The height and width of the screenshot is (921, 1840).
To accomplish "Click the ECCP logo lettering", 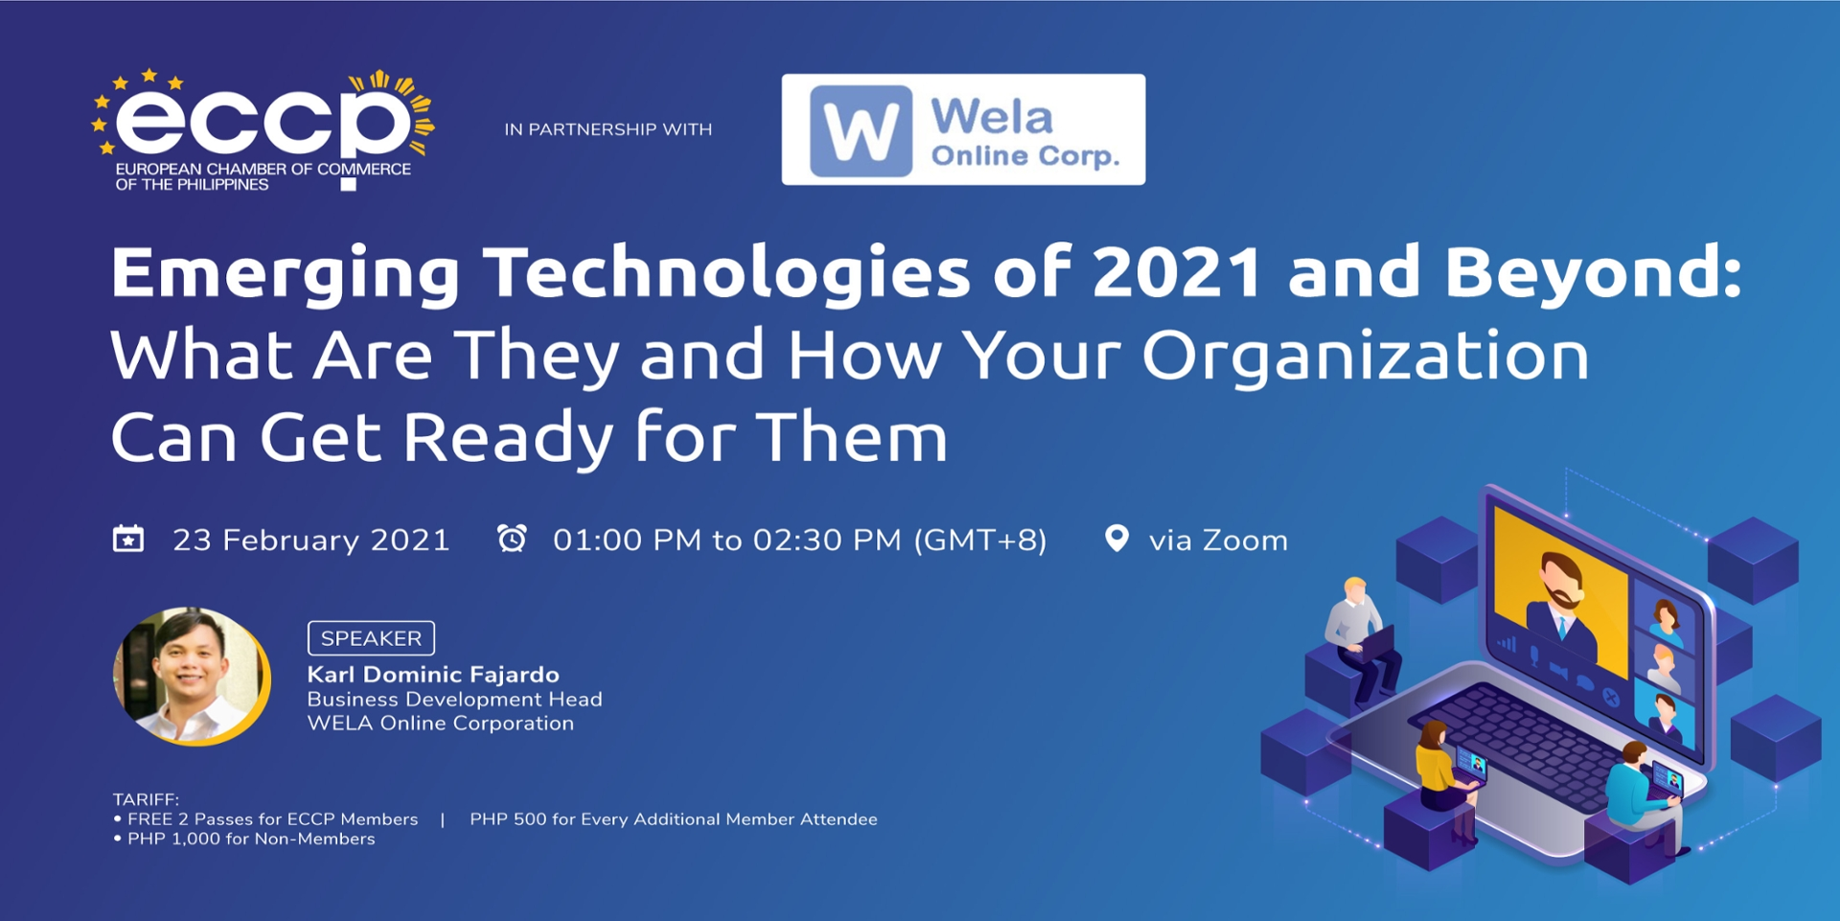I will pyautogui.click(x=264, y=120).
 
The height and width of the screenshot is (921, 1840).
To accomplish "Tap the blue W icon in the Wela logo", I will pyautogui.click(x=860, y=130).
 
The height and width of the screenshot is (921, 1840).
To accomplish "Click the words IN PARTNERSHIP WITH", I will pyautogui.click(x=608, y=129).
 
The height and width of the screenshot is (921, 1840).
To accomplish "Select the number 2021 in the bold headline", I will pyautogui.click(x=1177, y=272).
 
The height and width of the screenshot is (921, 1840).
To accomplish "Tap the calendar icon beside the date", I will pyautogui.click(x=128, y=539).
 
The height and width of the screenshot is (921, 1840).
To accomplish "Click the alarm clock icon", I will pyautogui.click(x=512, y=539).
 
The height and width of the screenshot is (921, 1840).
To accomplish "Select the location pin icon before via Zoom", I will pyautogui.click(x=1116, y=539).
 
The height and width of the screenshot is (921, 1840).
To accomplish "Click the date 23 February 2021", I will pyautogui.click(x=310, y=541).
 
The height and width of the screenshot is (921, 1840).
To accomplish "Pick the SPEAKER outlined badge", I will pyautogui.click(x=371, y=638).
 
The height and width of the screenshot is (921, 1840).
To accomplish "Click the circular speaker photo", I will pyautogui.click(x=192, y=676).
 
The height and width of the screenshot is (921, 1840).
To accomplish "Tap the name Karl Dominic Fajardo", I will pyautogui.click(x=432, y=675).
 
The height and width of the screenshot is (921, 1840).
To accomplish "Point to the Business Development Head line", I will pyautogui.click(x=454, y=700).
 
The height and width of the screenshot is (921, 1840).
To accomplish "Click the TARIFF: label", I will pyautogui.click(x=146, y=799).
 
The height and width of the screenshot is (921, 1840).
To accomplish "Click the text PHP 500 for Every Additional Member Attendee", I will pyautogui.click(x=673, y=819).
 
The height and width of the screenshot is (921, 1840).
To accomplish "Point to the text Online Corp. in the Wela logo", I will pyautogui.click(x=1024, y=156).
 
